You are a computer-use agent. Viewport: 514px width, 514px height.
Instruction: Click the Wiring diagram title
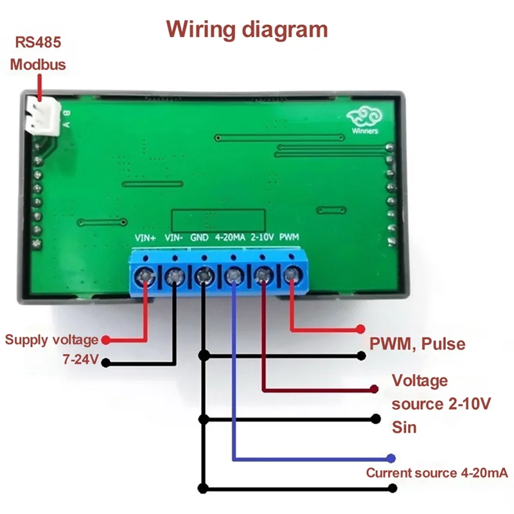tap(247, 30)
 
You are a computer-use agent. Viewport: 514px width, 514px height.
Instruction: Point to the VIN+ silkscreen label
tap(145, 238)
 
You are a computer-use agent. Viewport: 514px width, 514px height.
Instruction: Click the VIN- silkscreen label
tap(175, 238)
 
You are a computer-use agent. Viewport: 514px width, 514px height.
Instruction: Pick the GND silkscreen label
tap(200, 238)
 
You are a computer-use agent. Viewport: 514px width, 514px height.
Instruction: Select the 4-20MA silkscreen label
tap(230, 238)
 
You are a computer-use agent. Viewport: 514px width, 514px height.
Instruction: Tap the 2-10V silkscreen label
tap(263, 238)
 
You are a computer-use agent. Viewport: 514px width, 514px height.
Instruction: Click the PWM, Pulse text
tap(417, 344)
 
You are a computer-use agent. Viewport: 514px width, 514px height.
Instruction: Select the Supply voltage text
tap(51, 340)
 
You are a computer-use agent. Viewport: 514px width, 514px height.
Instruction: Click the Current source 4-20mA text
tap(437, 474)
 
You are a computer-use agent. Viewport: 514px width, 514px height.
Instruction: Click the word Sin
tap(404, 427)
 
